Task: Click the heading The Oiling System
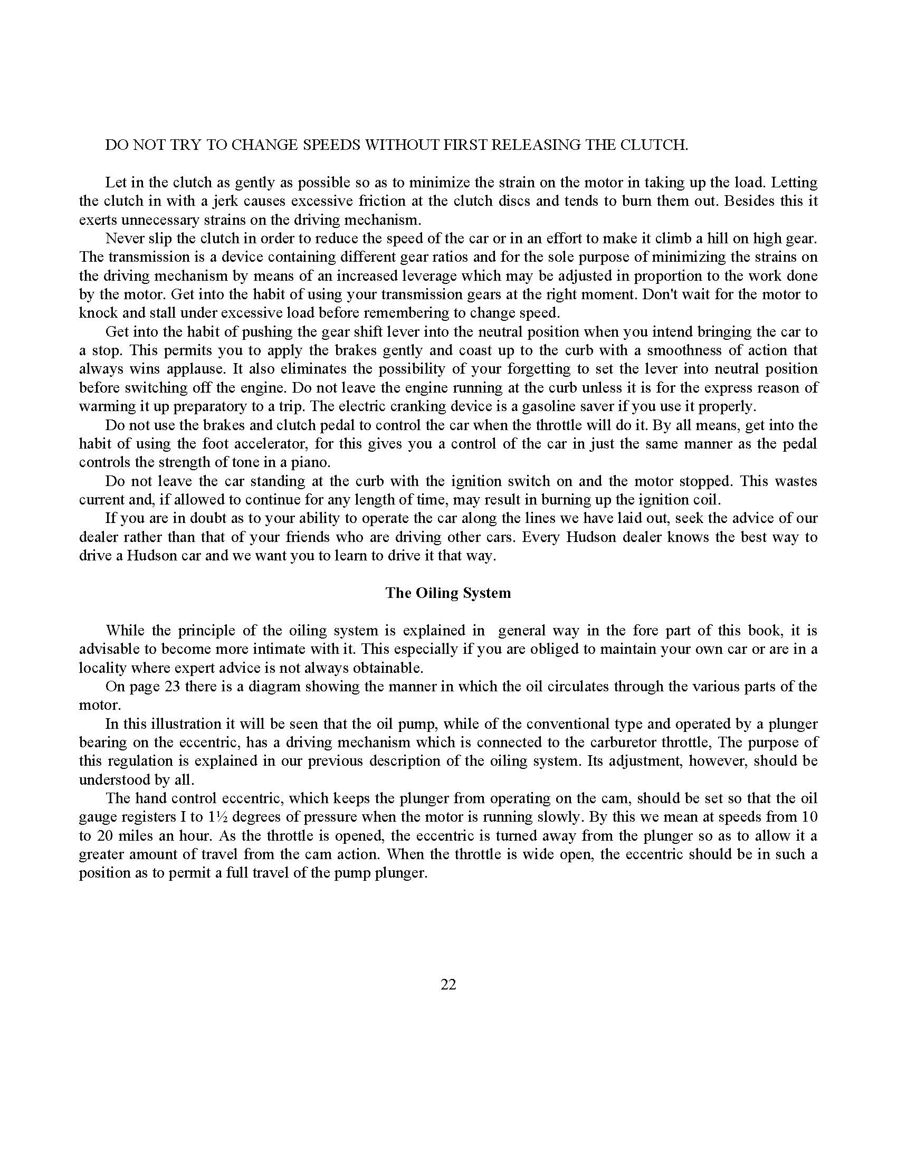pos(448,593)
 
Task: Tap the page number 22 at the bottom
pos(448,985)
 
